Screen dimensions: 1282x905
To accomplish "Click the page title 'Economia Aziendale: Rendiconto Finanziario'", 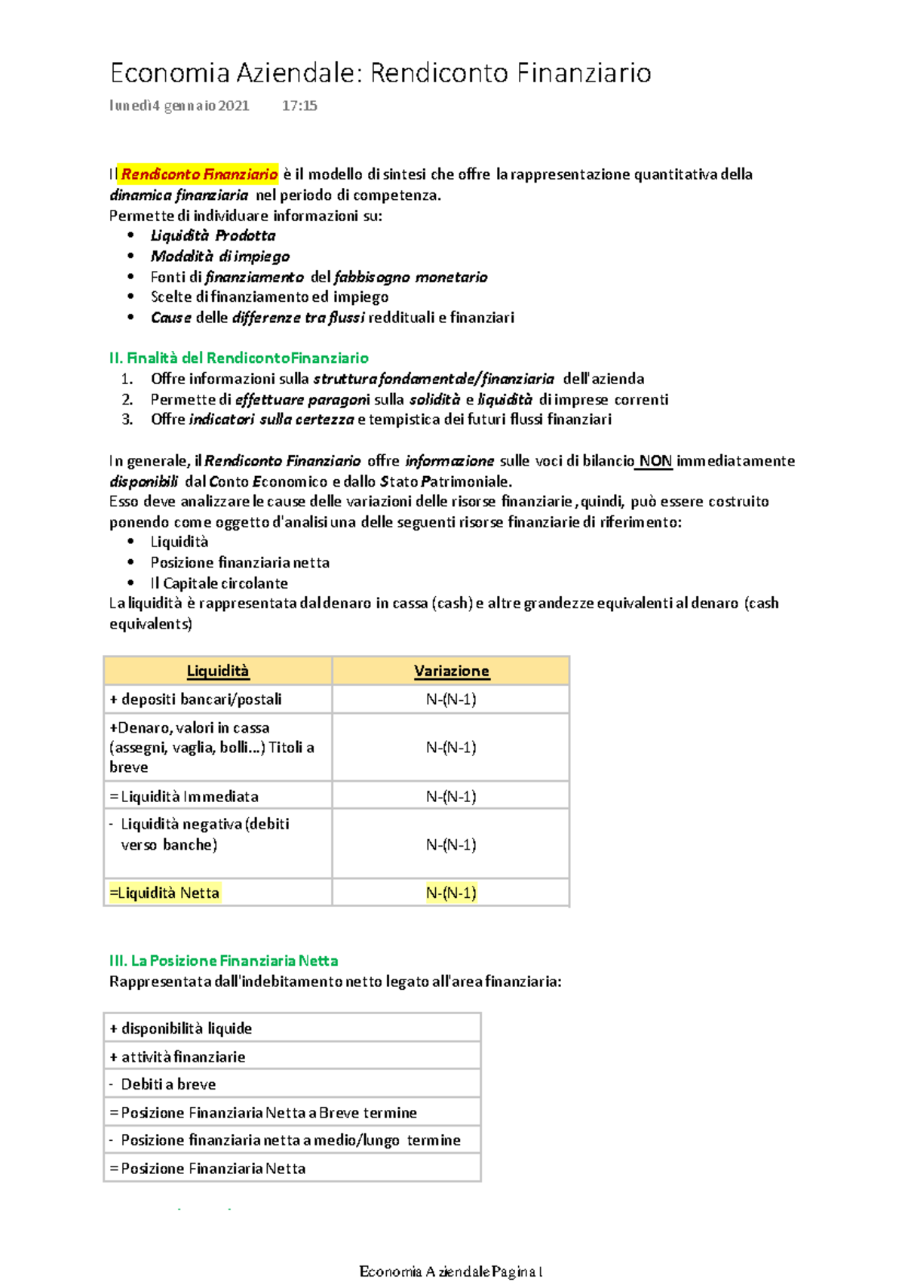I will (x=380, y=73).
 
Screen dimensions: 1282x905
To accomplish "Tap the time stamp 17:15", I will (x=299, y=106).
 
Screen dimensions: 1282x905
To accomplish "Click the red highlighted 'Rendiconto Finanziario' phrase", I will (x=199, y=174).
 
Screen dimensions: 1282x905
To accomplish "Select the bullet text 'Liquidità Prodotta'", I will (x=213, y=235).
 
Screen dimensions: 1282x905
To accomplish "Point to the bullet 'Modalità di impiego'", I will (x=219, y=257).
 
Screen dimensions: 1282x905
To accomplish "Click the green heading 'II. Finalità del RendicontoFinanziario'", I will (x=238, y=358).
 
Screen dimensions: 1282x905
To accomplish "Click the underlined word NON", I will (x=655, y=461).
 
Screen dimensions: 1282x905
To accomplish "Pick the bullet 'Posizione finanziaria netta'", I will (x=240, y=562).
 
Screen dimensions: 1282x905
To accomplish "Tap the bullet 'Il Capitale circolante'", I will (x=219, y=583).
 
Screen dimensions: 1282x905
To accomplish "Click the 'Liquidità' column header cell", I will (x=218, y=671).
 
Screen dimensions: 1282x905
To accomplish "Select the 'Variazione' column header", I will (x=451, y=671).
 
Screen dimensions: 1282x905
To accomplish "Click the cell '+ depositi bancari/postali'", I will (x=196, y=699).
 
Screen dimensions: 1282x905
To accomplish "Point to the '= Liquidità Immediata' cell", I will (x=185, y=796).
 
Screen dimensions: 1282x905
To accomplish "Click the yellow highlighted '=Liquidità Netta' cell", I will (x=165, y=893).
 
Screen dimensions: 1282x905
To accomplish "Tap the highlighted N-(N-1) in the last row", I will (x=451, y=893).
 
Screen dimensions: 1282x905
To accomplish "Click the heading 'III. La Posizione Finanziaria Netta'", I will (x=223, y=961).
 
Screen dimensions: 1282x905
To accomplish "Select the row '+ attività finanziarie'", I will (x=178, y=1056).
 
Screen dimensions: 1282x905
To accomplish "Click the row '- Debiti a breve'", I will (x=163, y=1084).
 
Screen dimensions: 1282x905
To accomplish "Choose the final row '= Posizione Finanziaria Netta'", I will (x=208, y=1168).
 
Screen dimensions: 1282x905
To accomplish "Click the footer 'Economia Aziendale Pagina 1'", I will (x=451, y=1271).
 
